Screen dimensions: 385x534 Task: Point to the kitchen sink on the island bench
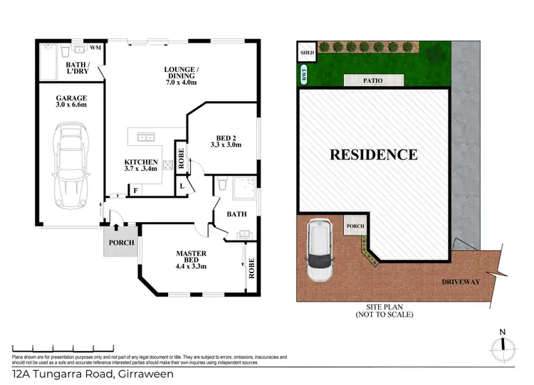click(x=145, y=137)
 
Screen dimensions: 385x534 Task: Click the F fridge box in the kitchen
click(x=135, y=190)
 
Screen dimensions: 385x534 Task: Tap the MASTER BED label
click(x=190, y=258)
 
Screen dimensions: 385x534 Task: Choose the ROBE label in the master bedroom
click(x=251, y=270)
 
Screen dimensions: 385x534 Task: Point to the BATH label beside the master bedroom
click(x=236, y=213)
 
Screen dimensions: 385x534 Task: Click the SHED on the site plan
click(x=307, y=53)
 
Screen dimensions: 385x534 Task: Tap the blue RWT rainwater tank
click(x=304, y=73)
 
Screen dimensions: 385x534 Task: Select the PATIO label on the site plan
click(x=370, y=80)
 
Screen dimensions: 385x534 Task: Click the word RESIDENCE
click(x=373, y=154)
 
